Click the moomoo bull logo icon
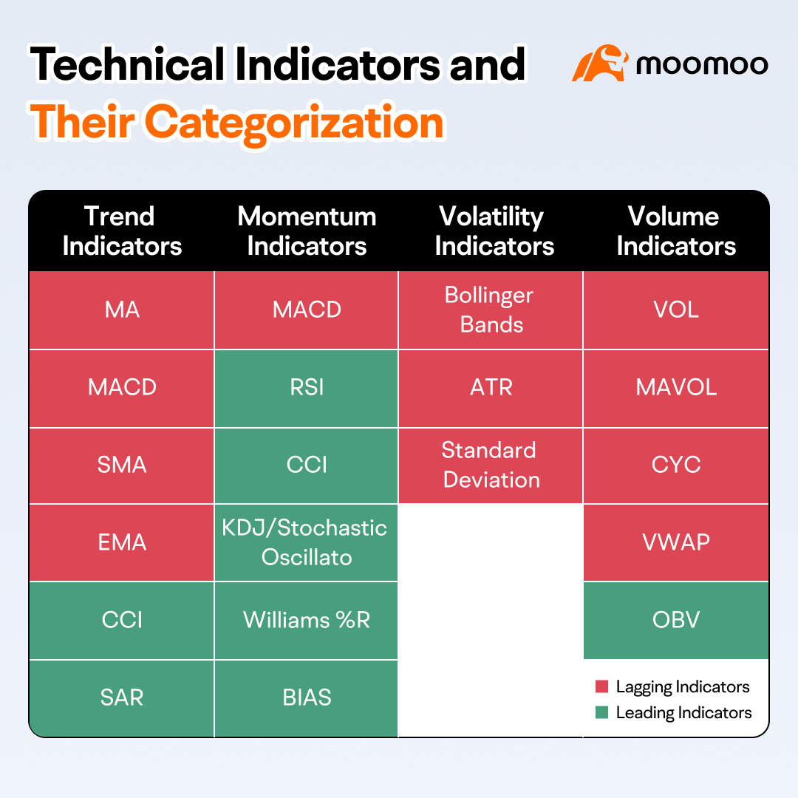pos(600,64)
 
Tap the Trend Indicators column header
pos(122,231)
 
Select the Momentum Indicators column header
pos(307,231)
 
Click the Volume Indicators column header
pos(675,231)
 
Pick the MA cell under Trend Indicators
pos(122,310)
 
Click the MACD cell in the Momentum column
pos(307,310)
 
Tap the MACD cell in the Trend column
pos(122,387)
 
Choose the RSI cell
pos(307,387)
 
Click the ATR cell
pos(491,387)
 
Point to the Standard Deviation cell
pos(491,465)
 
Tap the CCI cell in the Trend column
pos(122,620)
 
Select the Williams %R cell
pos(307,620)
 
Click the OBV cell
pos(676,620)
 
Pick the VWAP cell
pos(676,542)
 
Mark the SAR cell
pos(122,698)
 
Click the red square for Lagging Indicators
pos(601,687)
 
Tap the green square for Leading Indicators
pos(601,713)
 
